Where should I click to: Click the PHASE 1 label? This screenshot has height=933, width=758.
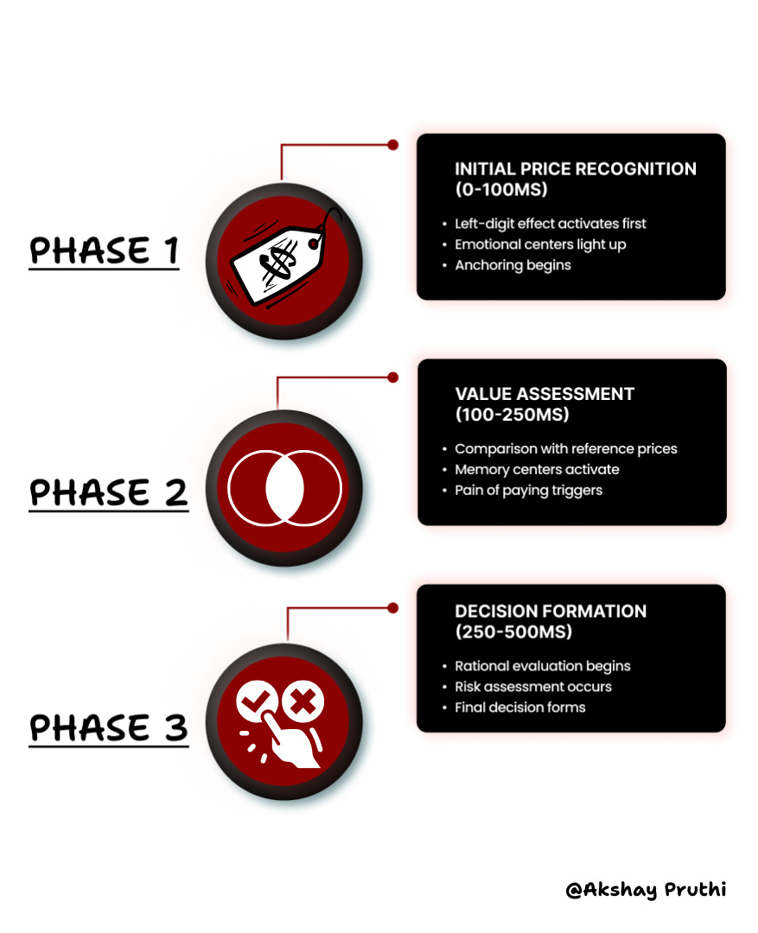104,251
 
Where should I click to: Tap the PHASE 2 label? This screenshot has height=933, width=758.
108,492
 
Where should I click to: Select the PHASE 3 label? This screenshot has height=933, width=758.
108,727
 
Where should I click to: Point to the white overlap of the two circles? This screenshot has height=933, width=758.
284,489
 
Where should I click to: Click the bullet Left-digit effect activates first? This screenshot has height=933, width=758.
550,224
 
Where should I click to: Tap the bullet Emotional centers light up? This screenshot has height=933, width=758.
540,244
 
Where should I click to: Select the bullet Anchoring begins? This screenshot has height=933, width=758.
513,265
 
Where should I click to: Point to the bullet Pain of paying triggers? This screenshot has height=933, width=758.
528,491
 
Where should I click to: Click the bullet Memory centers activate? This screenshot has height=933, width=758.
537,470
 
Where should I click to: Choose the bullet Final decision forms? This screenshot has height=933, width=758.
519,708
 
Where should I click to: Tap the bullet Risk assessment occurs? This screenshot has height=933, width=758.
533,687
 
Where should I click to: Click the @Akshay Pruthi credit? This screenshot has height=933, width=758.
646,890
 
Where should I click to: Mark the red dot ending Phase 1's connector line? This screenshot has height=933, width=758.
392,144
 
